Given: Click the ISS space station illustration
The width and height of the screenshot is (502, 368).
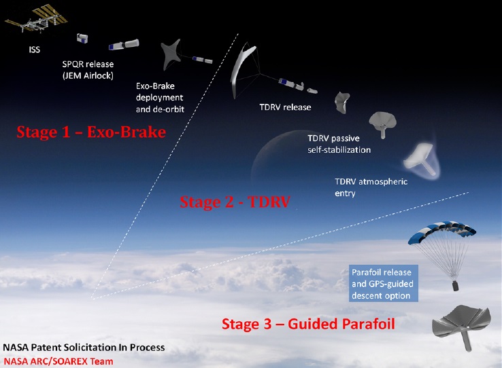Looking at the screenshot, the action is [36, 19].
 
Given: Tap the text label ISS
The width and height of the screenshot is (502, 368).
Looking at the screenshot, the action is [35, 50].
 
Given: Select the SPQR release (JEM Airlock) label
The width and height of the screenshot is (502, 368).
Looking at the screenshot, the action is [88, 70].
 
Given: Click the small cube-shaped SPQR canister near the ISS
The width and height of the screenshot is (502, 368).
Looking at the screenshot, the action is [82, 38].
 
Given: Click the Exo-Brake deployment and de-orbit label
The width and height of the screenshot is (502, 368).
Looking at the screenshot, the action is [160, 98].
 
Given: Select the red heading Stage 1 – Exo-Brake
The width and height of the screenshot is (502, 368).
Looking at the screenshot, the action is [91, 132].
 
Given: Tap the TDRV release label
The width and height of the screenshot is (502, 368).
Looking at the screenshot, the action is [285, 107].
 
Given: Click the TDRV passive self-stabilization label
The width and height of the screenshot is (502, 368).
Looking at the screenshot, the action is [339, 144].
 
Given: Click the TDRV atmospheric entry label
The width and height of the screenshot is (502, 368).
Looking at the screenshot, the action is [371, 187].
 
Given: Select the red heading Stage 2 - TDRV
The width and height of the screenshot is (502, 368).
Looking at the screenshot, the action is [235, 202].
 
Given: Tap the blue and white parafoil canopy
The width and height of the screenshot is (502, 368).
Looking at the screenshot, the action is [442, 231].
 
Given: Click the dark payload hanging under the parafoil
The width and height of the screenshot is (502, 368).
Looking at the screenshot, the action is [455, 285].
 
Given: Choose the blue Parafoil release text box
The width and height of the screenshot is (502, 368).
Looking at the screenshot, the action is [383, 283].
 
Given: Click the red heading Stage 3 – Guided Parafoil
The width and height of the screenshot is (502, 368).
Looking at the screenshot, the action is [308, 324].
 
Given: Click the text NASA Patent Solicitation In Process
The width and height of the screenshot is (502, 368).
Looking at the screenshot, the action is [84, 347].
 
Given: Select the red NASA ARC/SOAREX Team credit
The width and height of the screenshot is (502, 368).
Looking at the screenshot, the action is [58, 361].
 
